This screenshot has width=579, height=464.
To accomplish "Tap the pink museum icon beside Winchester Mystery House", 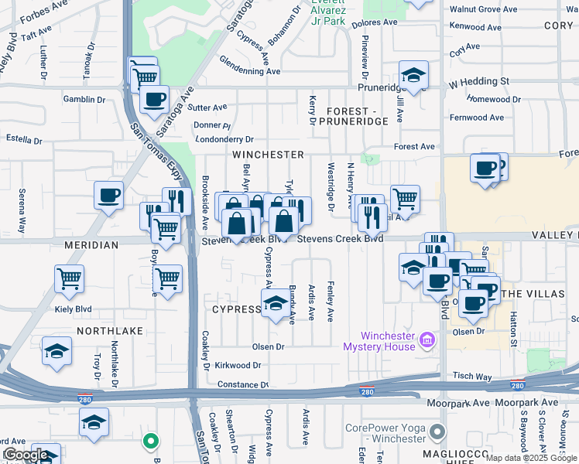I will click(x=426, y=339).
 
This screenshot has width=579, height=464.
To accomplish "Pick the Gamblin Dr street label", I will click(x=84, y=100).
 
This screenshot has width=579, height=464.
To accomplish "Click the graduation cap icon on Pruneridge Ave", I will click(x=414, y=74).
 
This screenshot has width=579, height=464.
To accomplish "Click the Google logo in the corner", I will click(x=26, y=455).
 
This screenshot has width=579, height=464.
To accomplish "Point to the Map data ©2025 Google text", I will click(x=531, y=458).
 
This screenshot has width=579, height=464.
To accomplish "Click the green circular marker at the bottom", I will click(x=151, y=442).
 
